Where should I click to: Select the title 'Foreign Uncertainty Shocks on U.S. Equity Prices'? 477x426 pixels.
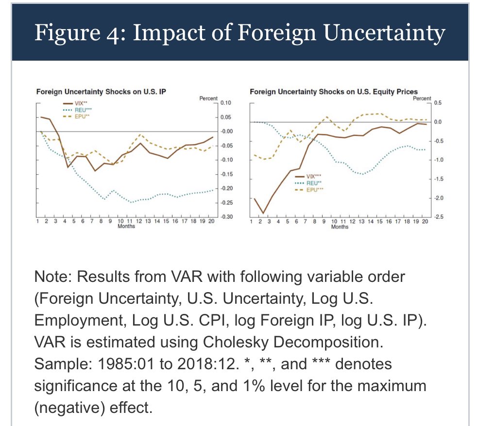tap(333, 91)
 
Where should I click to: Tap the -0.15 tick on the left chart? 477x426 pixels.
tap(226, 174)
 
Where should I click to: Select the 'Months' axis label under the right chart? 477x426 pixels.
tap(339, 227)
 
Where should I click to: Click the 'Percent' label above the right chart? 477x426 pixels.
tap(422, 98)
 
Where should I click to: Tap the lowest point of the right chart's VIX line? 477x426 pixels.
tap(263, 213)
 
